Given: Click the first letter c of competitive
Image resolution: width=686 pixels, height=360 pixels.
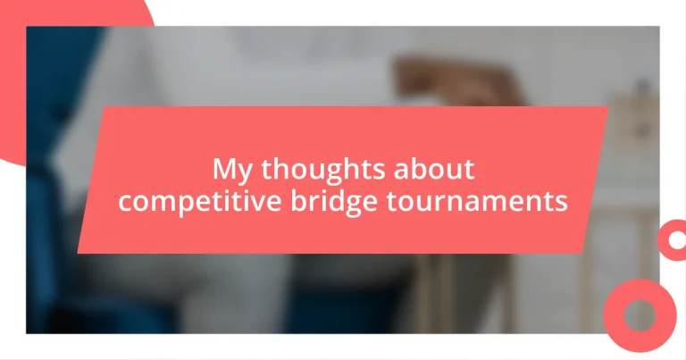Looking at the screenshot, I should (126, 203).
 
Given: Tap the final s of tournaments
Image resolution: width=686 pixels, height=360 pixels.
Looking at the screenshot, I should (561, 203).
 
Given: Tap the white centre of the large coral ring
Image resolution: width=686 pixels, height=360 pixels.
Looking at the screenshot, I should (640, 315).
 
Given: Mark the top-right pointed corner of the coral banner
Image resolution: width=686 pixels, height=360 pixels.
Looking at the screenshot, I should (608, 108).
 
